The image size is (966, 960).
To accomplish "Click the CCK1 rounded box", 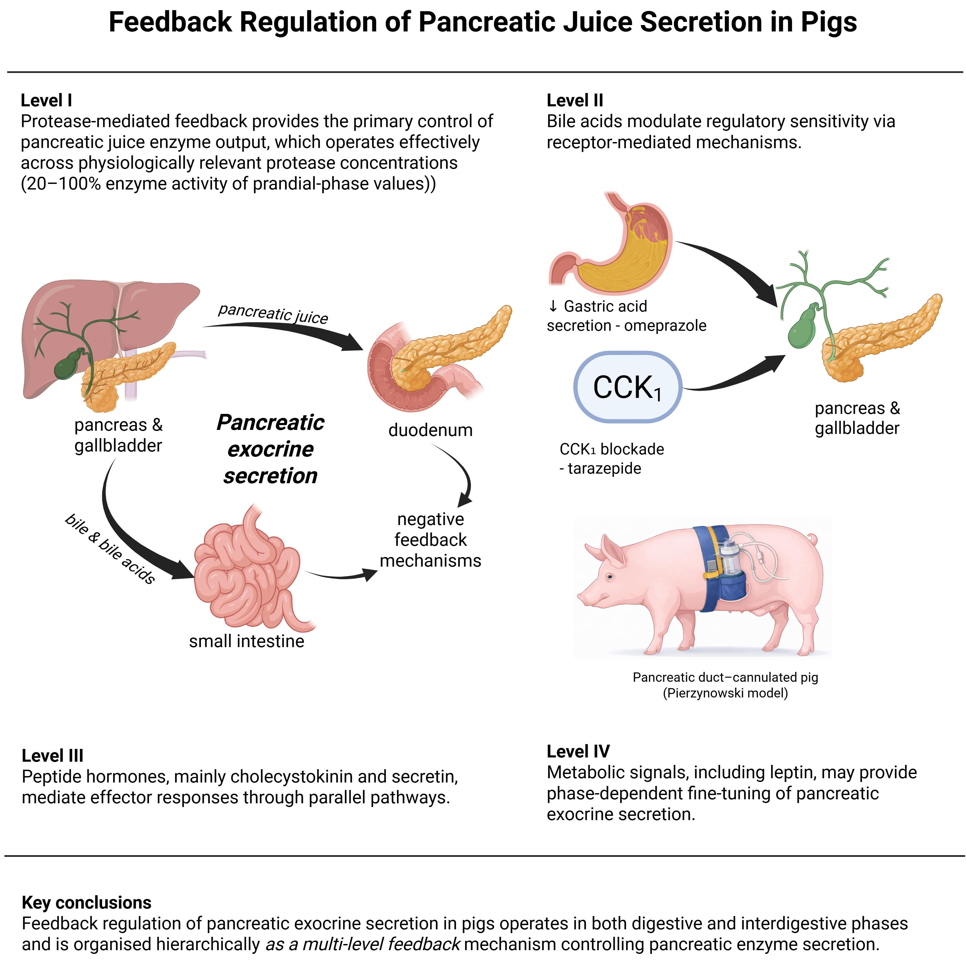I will coord(627,387).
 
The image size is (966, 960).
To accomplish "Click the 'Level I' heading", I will coord(46,100).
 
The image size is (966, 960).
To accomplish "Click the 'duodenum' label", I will coord(430,430).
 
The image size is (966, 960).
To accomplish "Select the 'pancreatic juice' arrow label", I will coord(273,313).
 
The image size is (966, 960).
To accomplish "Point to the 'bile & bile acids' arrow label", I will coord(110,548).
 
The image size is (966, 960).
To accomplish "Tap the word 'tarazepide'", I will coord(604,469).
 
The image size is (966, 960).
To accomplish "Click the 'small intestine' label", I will coord(246,641).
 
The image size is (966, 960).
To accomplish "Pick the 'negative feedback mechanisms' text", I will coord(430,540).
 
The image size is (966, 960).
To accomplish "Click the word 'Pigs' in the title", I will coord(828,22).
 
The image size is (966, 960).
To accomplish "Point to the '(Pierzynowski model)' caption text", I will coord(725,693).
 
